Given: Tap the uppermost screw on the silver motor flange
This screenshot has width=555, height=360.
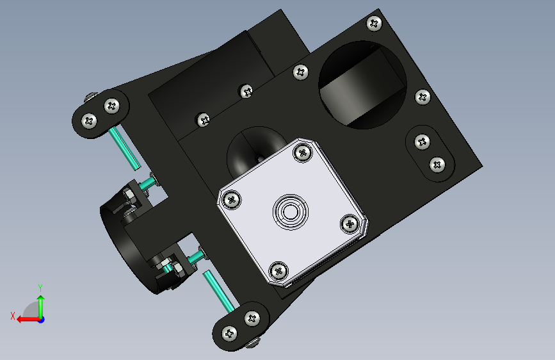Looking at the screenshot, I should point(302,152).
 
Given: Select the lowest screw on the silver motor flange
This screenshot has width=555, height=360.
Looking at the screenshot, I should point(279,270).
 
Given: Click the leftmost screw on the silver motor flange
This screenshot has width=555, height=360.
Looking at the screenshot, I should point(231,200).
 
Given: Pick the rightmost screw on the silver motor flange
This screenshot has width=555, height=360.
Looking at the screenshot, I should point(350,224).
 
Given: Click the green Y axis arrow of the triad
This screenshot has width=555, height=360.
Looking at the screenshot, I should point(40,304).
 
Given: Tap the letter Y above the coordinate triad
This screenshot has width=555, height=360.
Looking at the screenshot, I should point(40,288).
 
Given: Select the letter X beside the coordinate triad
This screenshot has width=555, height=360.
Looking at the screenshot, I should point(13,315).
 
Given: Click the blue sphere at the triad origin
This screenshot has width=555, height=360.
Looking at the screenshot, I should point(40,319).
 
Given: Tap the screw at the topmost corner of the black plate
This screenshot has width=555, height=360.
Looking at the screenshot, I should point(374,24).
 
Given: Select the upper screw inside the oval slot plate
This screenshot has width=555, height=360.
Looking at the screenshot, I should point(421,141).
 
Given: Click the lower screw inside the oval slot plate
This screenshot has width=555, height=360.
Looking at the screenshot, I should point(438,164).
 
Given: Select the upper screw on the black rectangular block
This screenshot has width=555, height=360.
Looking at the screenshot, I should point(246,91).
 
